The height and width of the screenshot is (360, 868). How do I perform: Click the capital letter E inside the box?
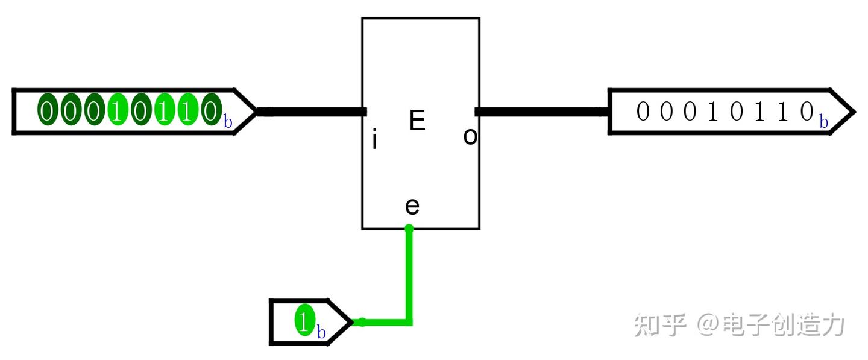tap(417, 120)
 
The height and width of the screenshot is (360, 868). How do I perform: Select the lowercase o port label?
tap(470, 136)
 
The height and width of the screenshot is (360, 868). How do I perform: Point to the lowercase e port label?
tap(412, 207)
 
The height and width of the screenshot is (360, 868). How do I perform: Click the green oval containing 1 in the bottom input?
tap(304, 320)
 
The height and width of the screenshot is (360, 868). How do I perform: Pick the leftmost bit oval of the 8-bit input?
tap(47, 109)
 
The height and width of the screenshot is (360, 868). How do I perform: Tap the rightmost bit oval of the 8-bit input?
tap(211, 109)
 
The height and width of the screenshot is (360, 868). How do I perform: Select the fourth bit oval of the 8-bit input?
tap(118, 109)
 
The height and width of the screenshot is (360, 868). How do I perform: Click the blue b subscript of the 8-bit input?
tap(228, 122)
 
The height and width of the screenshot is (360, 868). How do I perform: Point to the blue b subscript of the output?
tap(823, 122)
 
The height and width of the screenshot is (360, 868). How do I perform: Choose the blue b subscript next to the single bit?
tap(321, 332)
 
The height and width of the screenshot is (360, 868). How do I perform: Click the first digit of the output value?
tap(643, 111)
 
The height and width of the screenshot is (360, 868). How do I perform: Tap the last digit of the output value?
tap(807, 111)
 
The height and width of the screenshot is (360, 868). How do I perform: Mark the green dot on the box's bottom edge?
tap(409, 229)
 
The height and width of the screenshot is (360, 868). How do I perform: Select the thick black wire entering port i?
tap(312, 112)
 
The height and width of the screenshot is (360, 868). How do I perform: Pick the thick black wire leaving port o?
tap(542, 112)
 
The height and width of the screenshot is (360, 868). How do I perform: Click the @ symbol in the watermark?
tap(708, 324)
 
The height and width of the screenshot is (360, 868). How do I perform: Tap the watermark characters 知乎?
tap(660, 325)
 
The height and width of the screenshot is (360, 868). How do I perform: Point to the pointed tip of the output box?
tap(855, 112)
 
